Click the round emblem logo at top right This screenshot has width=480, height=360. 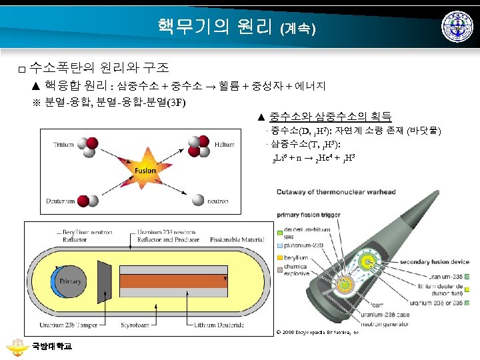coord(458,27)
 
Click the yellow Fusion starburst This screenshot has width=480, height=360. coord(145,170)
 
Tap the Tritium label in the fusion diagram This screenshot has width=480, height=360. coord(64,144)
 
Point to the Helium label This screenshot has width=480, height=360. coord(225,144)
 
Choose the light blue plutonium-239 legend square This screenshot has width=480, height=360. coord(280,245)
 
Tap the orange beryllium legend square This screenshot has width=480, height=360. coord(280,257)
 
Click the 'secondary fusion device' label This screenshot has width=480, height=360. coord(419,261)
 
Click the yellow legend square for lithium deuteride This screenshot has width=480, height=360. coord(469,289)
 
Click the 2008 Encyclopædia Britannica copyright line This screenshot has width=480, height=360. coord(318,331)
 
